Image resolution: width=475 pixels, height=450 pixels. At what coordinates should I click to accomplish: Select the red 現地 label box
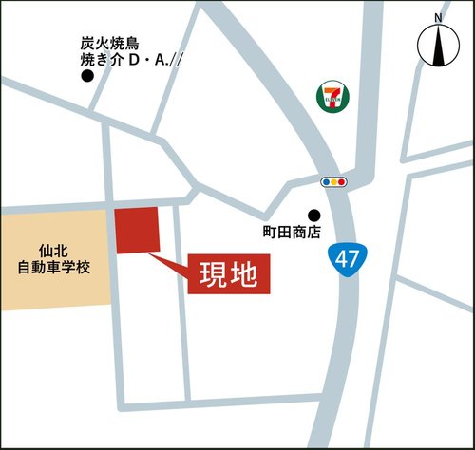229,274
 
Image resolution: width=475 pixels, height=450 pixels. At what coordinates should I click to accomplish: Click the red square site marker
136,231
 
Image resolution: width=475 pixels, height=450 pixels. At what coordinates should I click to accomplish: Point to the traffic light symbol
334,181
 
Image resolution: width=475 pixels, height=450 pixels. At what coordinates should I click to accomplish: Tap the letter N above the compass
438,18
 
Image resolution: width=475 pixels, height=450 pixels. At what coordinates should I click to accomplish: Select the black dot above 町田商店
313,215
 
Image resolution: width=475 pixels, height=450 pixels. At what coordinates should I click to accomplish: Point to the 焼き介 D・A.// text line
130,60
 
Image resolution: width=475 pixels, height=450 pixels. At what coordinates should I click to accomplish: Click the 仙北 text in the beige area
53,251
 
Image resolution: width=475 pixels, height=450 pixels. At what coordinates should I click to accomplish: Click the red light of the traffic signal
343,181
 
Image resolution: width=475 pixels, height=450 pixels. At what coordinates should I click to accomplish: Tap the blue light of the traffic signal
326,181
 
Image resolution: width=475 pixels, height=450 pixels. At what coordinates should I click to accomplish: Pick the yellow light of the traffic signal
334,181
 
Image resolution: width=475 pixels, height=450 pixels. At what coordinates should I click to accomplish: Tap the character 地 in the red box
244,274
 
